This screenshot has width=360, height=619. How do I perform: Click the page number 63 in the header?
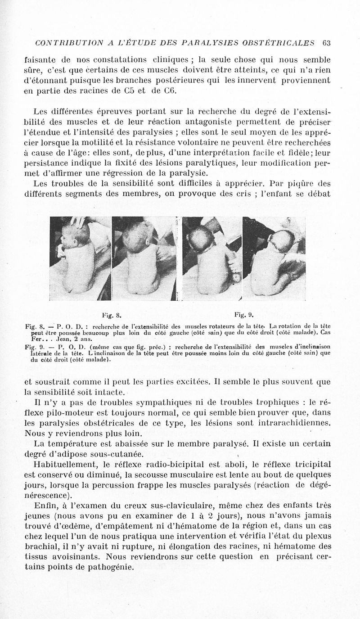(x=327, y=43)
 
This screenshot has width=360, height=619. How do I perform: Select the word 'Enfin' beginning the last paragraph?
(x=45, y=506)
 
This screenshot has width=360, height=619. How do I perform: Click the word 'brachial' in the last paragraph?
(x=39, y=546)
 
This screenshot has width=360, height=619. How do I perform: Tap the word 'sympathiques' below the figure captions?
(x=147, y=402)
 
